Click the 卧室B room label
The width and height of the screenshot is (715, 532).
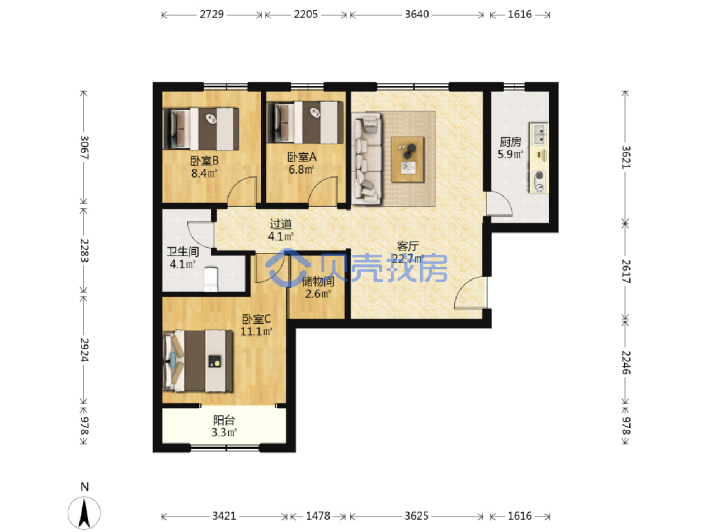click(x=204, y=160)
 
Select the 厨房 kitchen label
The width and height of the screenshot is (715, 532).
click(x=510, y=142)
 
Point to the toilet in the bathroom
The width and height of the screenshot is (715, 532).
click(x=211, y=279)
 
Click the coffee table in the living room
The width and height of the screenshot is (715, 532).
click(x=407, y=160)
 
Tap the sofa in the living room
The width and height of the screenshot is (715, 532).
click(x=366, y=158)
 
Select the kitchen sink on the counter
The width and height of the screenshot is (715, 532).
click(x=539, y=134)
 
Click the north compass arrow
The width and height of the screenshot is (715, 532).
click(x=84, y=513)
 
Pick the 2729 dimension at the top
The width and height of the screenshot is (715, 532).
click(x=211, y=15)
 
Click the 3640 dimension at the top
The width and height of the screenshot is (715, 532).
click(x=417, y=15)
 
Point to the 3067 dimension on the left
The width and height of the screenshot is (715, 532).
click(x=84, y=147)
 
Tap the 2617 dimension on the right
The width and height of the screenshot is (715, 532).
click(x=625, y=272)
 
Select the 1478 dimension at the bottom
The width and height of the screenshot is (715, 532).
click(x=318, y=516)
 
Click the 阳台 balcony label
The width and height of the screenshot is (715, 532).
click(x=224, y=421)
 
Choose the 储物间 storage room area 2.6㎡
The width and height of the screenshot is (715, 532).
click(x=318, y=294)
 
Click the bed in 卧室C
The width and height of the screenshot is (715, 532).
click(x=197, y=361)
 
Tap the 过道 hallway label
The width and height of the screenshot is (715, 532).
click(x=281, y=223)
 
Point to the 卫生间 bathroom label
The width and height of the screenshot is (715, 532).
click(x=182, y=252)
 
